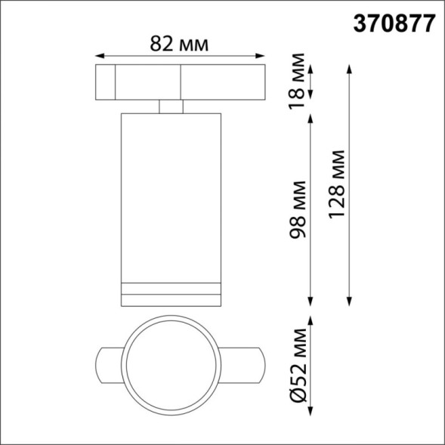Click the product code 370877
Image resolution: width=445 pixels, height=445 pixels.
click(x=394, y=23)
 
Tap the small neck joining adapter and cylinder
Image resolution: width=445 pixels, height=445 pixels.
click(x=171, y=106)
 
